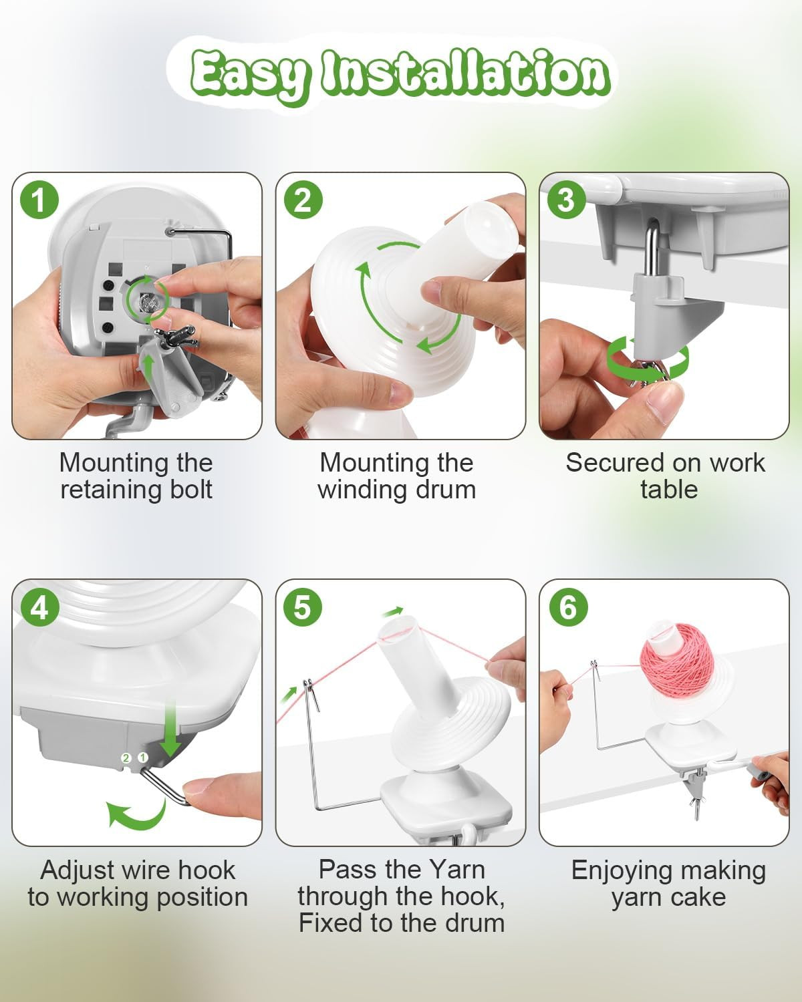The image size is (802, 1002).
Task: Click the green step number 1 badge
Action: (39, 200)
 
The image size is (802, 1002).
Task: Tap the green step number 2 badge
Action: (303, 200)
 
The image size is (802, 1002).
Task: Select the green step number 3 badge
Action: (566, 200)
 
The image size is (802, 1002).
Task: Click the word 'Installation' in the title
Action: (465, 73)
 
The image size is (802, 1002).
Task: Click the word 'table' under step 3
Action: (669, 490)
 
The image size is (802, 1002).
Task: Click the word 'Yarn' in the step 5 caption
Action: (457, 869)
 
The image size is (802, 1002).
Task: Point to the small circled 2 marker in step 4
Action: (126, 758)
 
